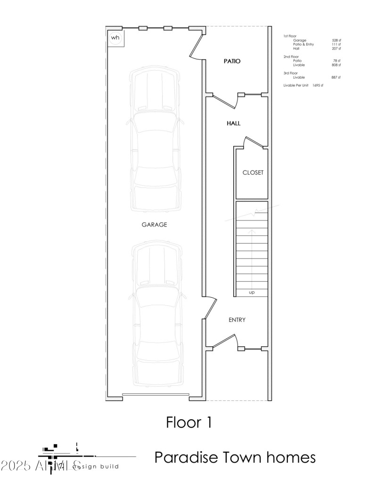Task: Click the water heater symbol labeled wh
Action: point(115,38)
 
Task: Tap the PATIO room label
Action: point(231,61)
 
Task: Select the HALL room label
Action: point(233,123)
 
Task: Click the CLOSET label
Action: point(253,172)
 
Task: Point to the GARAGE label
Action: point(154,225)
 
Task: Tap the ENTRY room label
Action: point(237,320)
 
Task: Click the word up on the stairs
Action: point(252,293)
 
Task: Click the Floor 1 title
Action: point(188,422)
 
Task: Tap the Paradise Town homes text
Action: point(235,457)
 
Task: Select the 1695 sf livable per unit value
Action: point(318,85)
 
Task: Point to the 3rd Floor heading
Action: point(291,73)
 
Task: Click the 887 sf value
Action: point(336,77)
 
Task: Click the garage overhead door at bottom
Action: point(156,394)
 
